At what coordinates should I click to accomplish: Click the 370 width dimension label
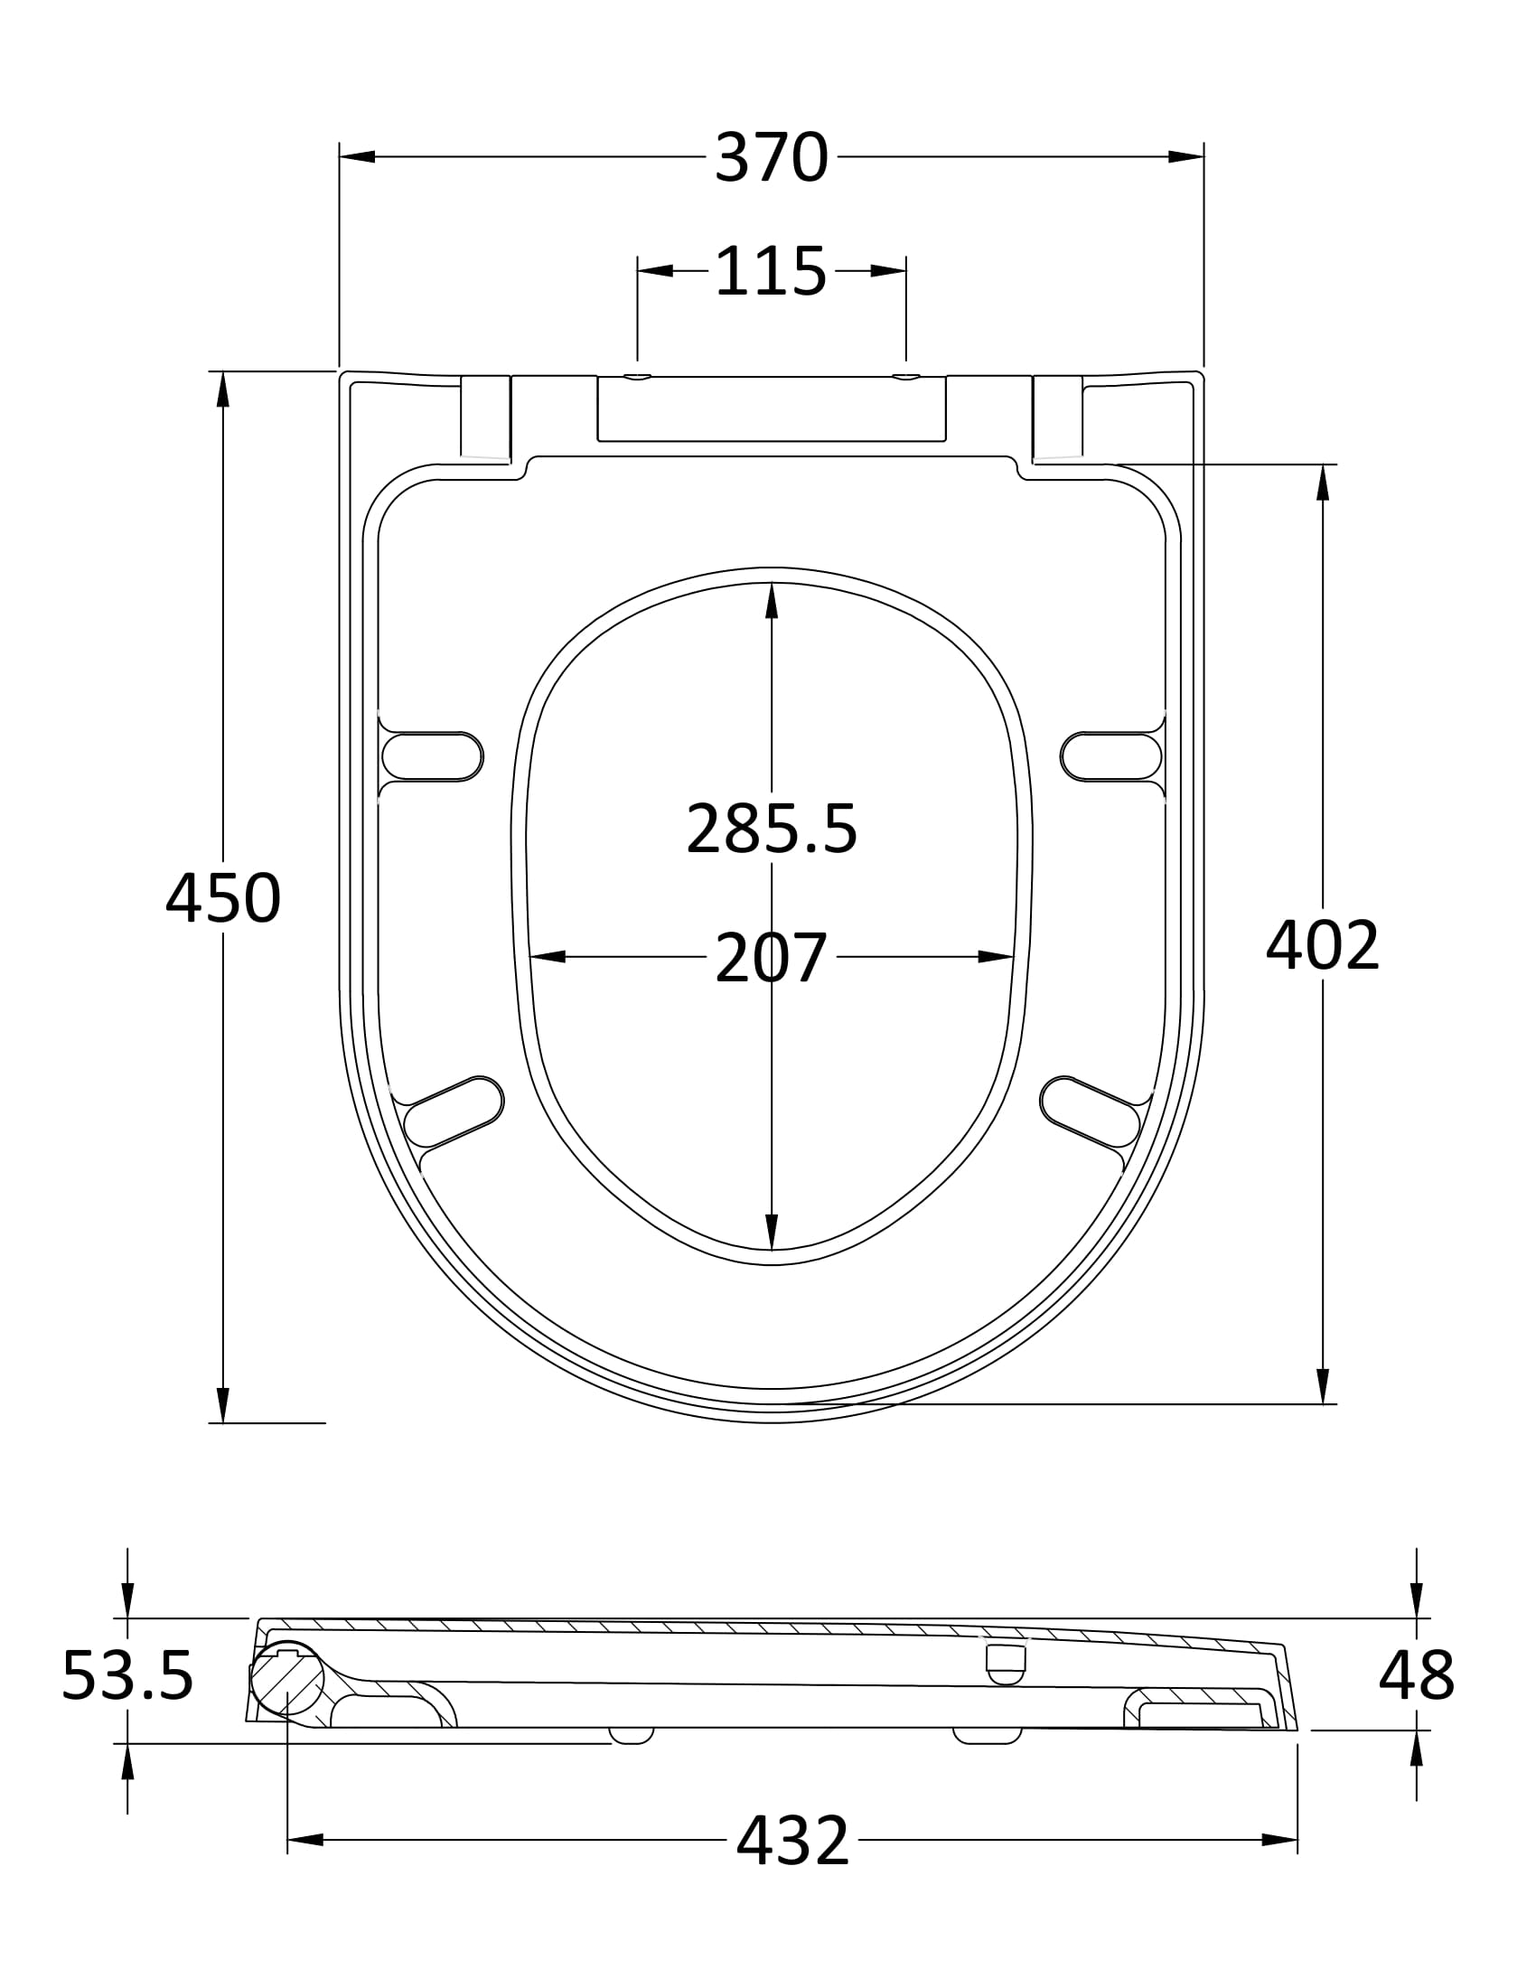tap(772, 157)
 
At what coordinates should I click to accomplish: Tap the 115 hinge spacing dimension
tap(771, 270)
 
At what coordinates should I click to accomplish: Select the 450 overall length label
tap(223, 898)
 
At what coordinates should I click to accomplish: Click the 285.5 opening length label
tap(772, 829)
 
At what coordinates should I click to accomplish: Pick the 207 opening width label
tap(771, 958)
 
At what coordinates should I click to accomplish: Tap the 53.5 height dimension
tap(127, 1674)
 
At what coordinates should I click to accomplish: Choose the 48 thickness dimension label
tap(1416, 1674)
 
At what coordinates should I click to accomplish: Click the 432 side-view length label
tap(792, 1840)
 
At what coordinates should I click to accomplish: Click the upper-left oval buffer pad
tap(432, 756)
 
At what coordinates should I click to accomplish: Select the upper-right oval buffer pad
tap(1111, 756)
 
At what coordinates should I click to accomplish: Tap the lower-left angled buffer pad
tap(454, 1111)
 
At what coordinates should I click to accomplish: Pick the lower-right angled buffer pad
tap(1091, 1111)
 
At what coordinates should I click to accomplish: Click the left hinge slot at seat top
tap(485, 416)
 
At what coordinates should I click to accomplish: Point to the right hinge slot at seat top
tap(1058, 416)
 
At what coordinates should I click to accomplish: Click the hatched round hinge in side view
tap(287, 1679)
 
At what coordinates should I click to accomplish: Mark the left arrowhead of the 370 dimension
tap(358, 156)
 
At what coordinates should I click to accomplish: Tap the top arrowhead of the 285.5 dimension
tap(772, 601)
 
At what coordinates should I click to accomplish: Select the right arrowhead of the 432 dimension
tap(1279, 1840)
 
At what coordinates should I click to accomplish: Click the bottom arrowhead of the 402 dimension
tap(1322, 1385)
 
